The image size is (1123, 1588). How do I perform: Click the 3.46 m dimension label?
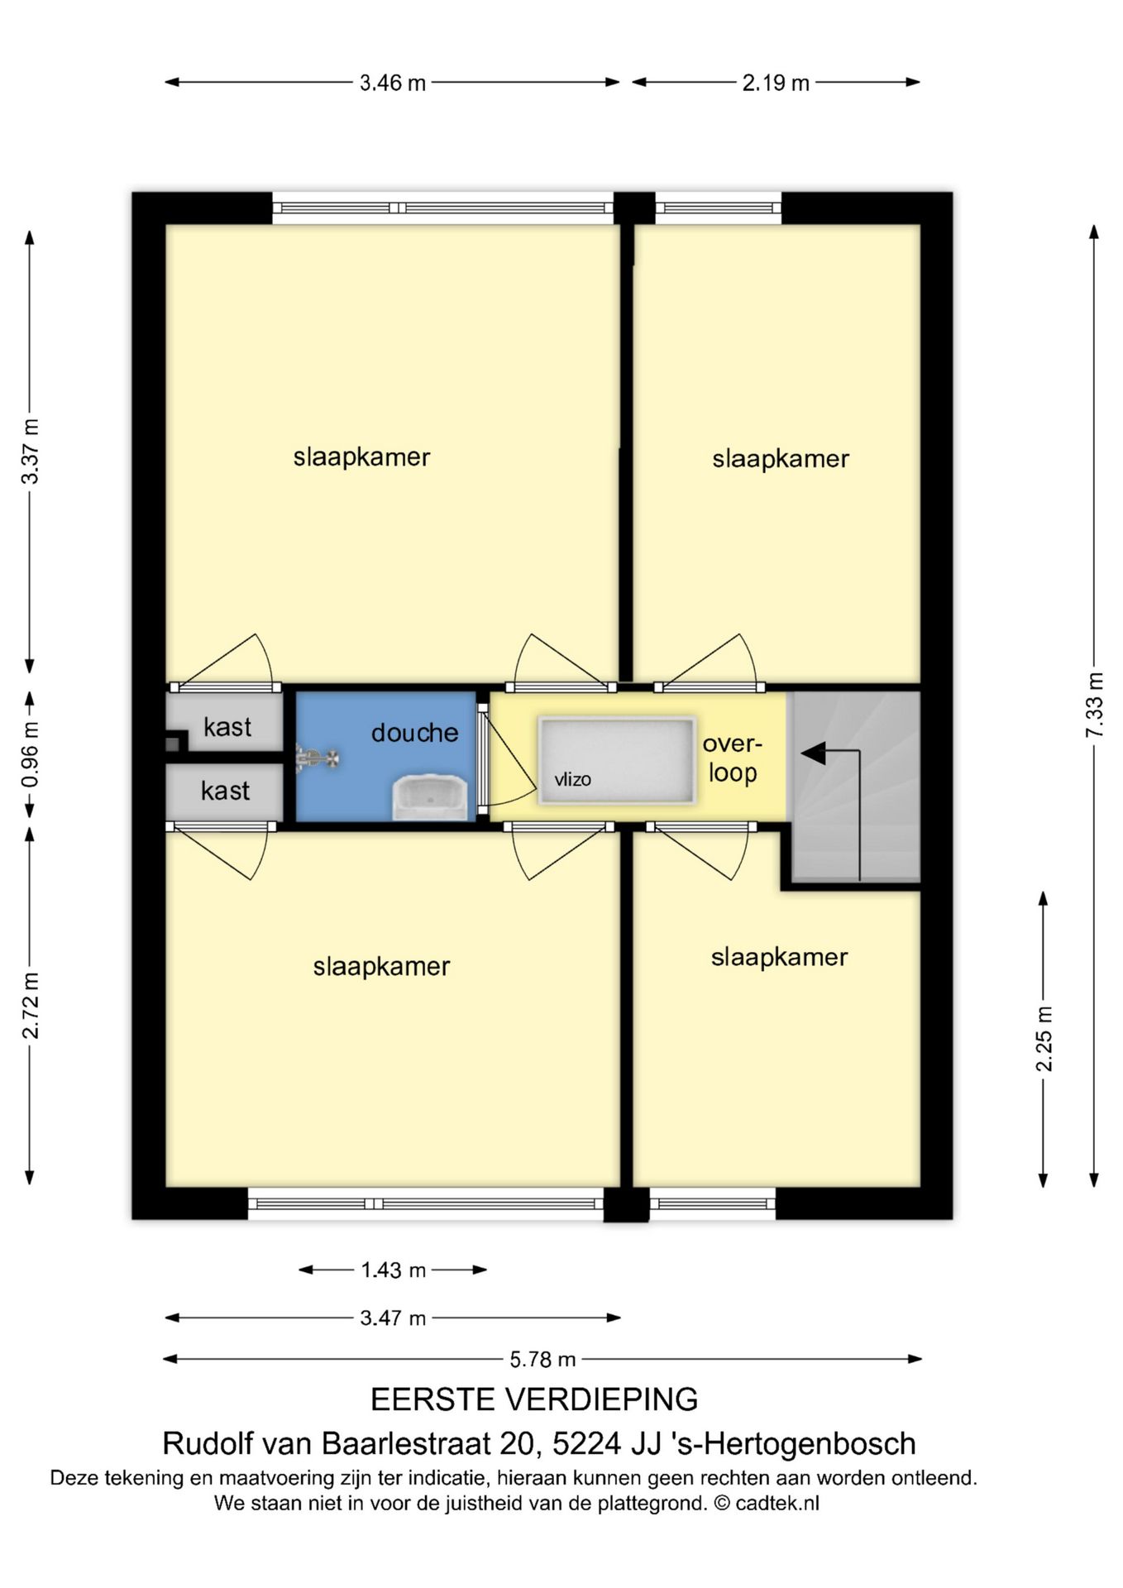tap(393, 83)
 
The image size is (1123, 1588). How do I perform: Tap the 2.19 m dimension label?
tap(776, 83)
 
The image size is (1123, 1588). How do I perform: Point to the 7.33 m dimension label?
tap(1095, 706)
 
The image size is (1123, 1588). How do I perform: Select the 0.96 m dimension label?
tap(31, 755)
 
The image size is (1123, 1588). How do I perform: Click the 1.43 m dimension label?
tap(393, 1270)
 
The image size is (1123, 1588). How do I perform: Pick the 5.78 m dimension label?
tap(542, 1359)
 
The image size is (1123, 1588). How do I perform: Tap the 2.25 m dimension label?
tap(1044, 1039)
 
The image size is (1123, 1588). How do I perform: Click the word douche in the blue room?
tap(414, 733)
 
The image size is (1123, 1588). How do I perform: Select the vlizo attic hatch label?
tap(572, 779)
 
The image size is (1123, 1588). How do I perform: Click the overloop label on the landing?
tap(732, 758)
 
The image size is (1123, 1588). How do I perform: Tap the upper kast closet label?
tap(227, 727)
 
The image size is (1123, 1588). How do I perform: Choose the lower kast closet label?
tap(225, 791)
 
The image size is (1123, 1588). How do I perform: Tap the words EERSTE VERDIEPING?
tap(534, 1399)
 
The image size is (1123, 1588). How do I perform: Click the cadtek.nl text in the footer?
tap(777, 1503)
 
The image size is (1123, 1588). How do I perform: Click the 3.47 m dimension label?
tap(393, 1318)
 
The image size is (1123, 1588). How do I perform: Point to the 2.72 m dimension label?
tap(31, 1005)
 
